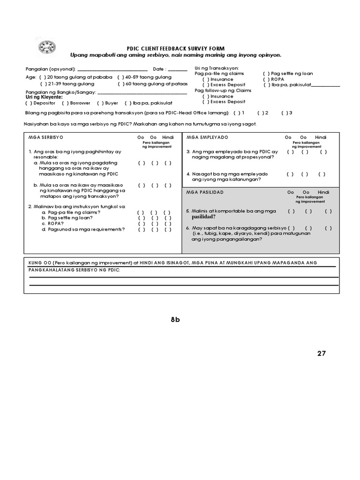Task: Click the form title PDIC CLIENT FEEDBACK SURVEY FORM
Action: click(x=176, y=49)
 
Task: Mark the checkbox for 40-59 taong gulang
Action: click(x=120, y=77)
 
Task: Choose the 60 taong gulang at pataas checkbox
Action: click(x=120, y=84)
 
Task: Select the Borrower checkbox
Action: click(x=65, y=103)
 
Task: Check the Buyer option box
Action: click(x=100, y=103)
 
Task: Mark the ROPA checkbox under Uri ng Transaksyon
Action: click(x=266, y=79)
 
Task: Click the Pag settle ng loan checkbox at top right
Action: click(x=266, y=74)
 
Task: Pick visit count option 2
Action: click(x=260, y=113)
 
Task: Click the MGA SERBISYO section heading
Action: click(x=45, y=137)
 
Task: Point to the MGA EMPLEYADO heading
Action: click(x=207, y=137)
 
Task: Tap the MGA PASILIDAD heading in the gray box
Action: click(x=205, y=193)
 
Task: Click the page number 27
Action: click(x=321, y=353)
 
